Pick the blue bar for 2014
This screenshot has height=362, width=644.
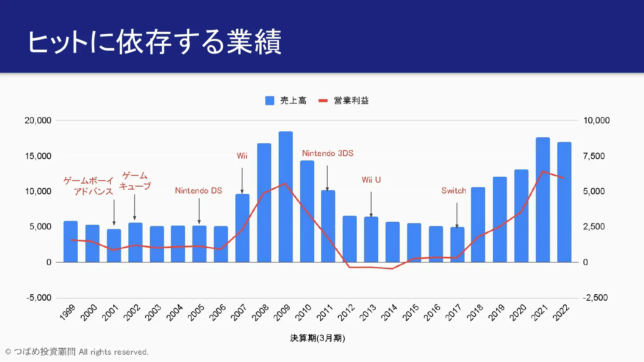pos(392,242)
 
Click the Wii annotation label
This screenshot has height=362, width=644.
pos(242,156)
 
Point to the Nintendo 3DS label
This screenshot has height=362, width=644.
pos(328,153)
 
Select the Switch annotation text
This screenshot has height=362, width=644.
pos(454,190)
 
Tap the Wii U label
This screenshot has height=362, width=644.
pos(371,180)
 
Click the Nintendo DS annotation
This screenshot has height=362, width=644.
pos(198,190)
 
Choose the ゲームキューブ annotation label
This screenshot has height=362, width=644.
pos(135,181)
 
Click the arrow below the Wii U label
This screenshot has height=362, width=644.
pos(371,204)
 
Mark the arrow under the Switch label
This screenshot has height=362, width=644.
pos(457,215)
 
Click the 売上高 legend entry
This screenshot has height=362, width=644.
pos(286,100)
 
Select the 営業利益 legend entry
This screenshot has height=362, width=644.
pos(344,100)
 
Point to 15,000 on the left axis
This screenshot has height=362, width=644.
pos(38,156)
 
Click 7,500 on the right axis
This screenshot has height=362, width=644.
pos(594,156)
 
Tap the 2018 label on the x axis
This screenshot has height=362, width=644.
pos(475,312)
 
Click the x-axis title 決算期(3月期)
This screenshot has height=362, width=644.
pos(318,338)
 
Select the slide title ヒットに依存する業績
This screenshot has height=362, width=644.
pos(155,42)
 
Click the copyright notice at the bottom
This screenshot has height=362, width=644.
pos(77,352)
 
